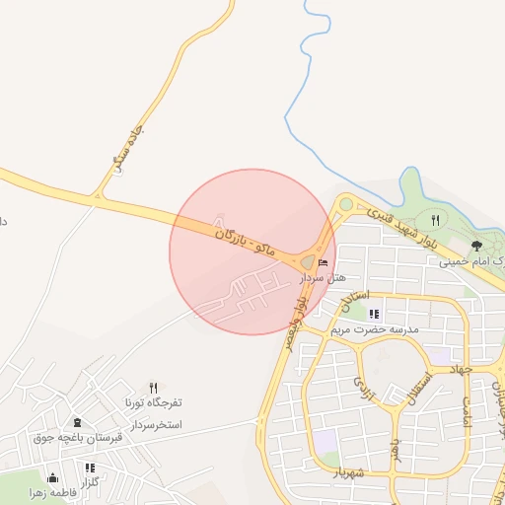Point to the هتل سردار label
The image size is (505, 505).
point(321,278)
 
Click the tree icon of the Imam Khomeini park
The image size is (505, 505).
point(476,245)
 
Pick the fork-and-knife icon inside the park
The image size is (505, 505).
point(435,220)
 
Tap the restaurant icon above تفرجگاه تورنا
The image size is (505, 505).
point(153,388)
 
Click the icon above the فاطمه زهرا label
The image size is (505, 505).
point(52,477)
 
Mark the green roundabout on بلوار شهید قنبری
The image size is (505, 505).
point(346,204)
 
